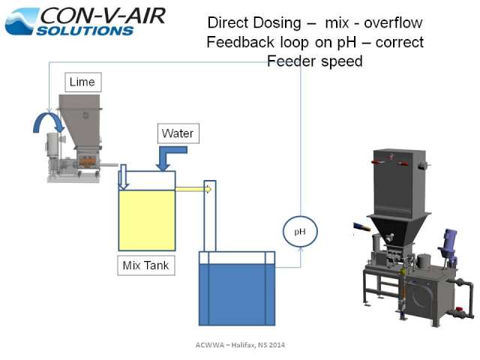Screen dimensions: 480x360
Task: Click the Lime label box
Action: [83, 82]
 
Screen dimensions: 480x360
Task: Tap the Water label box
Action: [178, 133]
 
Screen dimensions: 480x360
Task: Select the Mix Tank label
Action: [146, 265]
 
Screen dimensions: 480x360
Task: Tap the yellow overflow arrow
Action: [193, 190]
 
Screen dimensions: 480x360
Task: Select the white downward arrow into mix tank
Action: [123, 177]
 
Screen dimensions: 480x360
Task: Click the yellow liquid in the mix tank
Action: [147, 220]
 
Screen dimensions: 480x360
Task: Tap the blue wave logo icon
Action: [22, 22]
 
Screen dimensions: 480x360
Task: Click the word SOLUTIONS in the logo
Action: [85, 31]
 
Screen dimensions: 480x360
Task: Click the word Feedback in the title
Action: [240, 42]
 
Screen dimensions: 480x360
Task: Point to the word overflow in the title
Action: [393, 23]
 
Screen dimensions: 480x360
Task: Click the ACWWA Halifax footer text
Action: [240, 345]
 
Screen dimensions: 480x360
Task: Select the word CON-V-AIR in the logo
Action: [103, 16]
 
